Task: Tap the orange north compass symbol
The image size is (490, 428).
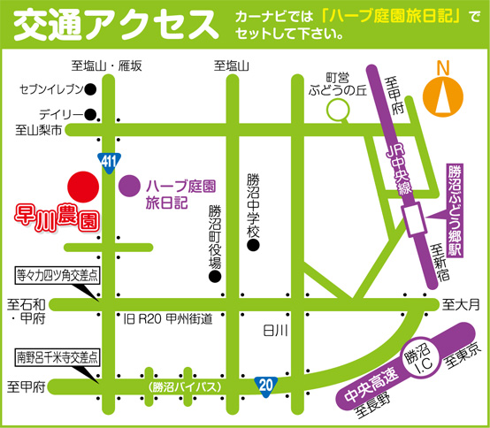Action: [443, 92]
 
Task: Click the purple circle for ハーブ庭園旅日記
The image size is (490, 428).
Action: [131, 187]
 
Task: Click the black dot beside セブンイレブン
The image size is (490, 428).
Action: [90, 89]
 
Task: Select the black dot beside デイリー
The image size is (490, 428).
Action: [90, 114]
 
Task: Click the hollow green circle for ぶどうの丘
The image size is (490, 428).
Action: [337, 110]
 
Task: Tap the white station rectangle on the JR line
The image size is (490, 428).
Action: [414, 217]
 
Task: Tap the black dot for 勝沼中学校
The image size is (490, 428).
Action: [253, 246]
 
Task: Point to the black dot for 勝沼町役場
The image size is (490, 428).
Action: [213, 277]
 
